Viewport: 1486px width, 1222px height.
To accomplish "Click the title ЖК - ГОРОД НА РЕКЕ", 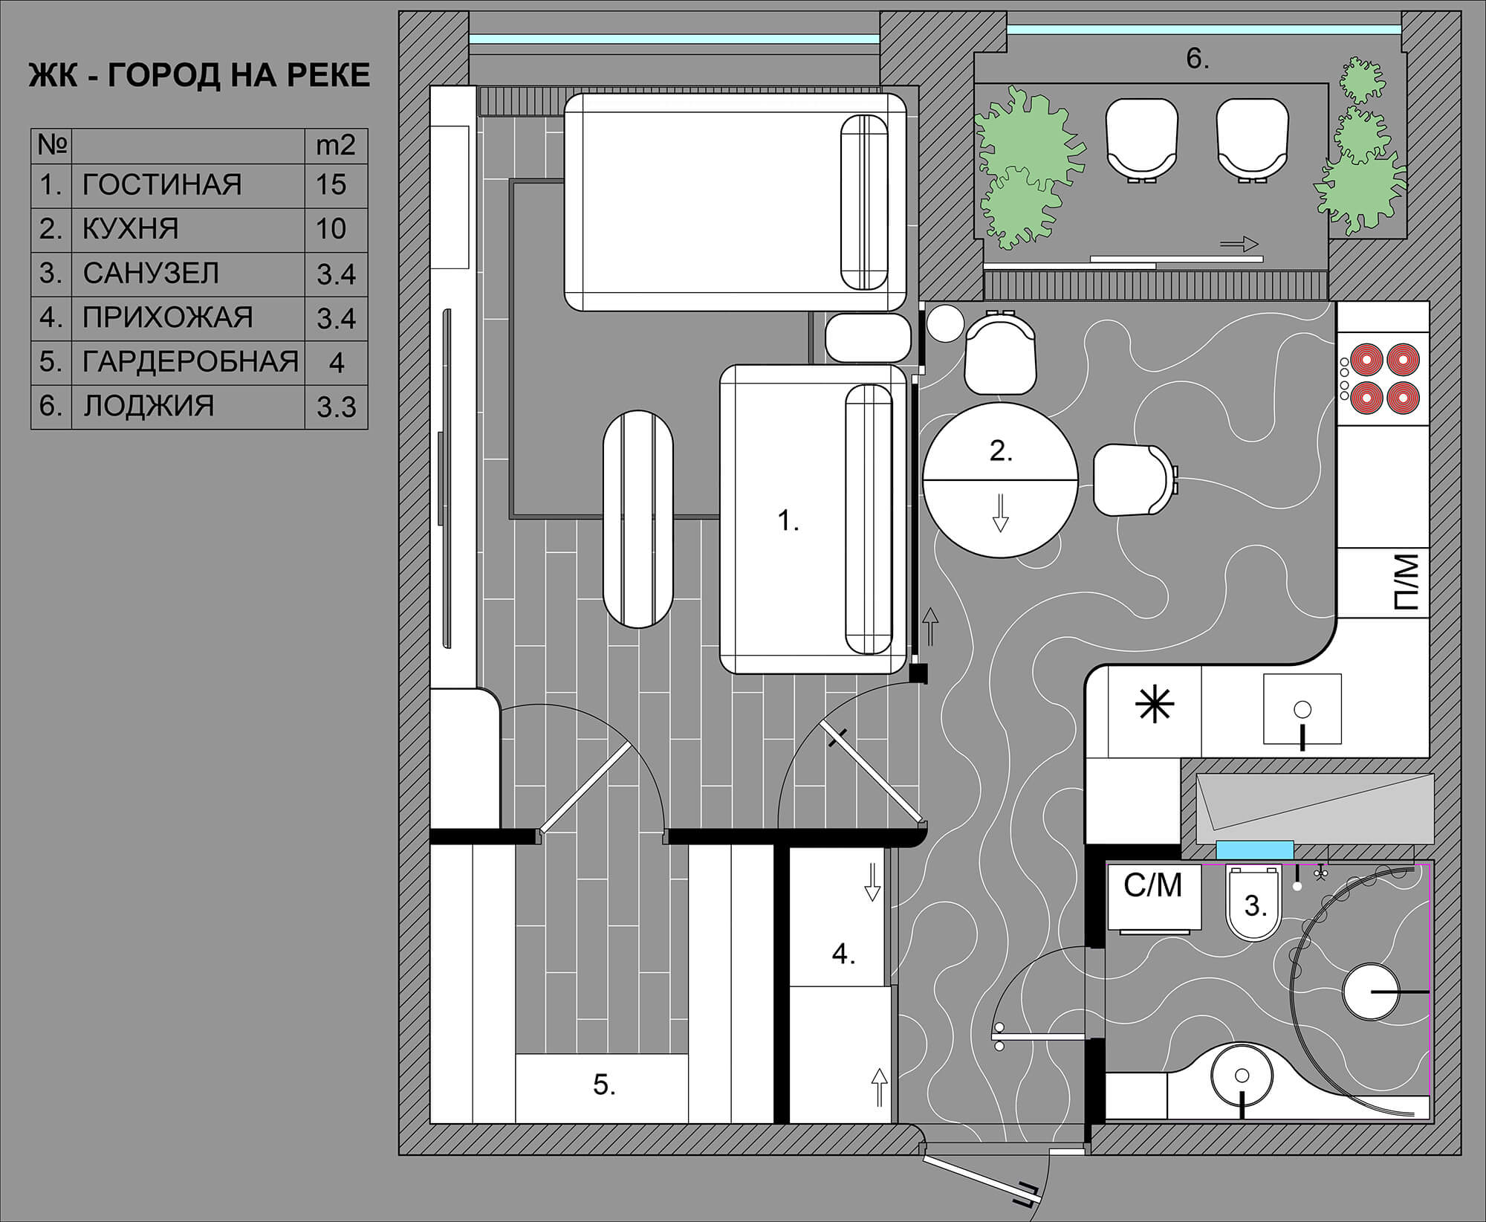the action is [199, 76].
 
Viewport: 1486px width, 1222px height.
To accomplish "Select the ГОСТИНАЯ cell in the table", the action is [162, 184].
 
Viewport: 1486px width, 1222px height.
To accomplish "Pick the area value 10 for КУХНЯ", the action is [331, 228].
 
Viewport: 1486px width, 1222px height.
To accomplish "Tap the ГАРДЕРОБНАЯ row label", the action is [190, 361].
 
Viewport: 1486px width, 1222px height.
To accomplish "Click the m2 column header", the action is [336, 145].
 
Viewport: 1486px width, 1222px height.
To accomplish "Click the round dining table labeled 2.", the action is [1000, 480].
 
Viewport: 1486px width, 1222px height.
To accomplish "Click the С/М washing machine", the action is [1154, 896].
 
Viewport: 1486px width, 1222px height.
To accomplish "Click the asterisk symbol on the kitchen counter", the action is [1155, 705].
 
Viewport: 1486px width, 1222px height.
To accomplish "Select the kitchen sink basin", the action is [1302, 708].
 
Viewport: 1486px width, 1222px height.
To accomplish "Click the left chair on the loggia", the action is [1141, 140].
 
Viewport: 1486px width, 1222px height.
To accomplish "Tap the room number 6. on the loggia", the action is [1197, 59].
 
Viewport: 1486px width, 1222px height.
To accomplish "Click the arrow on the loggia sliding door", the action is [1239, 244].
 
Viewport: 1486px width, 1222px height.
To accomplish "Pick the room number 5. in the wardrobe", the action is [604, 1084].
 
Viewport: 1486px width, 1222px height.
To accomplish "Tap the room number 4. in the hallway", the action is [843, 954].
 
